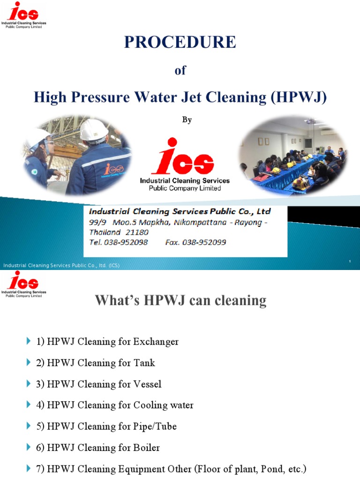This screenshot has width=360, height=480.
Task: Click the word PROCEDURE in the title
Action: point(180,42)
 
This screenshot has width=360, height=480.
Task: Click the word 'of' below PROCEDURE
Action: point(180,70)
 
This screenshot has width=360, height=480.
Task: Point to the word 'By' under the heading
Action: point(187,120)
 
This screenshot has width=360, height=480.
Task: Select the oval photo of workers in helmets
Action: point(77,155)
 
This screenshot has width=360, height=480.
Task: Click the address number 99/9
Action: point(97,222)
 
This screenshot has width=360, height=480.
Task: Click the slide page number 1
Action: point(350,261)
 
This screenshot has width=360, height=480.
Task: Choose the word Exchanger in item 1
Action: point(156,342)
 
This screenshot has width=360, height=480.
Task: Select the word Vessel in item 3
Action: point(147,384)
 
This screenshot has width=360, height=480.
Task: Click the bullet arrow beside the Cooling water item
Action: point(28,405)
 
